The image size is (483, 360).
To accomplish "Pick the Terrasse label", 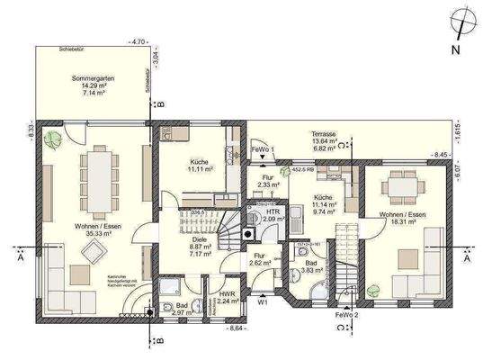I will [x=321, y=130].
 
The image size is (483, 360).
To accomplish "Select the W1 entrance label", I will [x=264, y=302].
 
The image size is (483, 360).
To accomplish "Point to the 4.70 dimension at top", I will [x=139, y=41].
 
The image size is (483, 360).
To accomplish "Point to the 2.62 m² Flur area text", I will [x=260, y=264].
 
